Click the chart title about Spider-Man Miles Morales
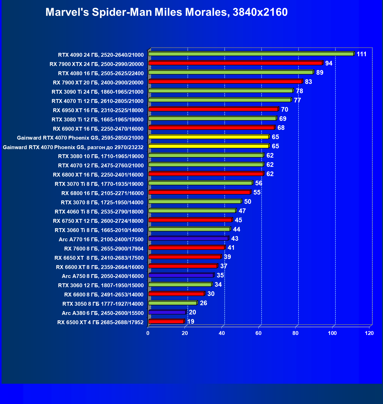[166, 12]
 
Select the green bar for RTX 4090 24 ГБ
[251, 54]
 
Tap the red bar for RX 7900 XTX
[235, 63]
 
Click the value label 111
[361, 54]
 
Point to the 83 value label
[308, 82]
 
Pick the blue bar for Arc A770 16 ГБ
[188, 239]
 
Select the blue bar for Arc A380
[167, 312]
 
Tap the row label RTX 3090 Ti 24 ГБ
[98, 92]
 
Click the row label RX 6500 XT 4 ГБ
[100, 322]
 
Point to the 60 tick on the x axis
[258, 333]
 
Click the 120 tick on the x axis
[369, 333]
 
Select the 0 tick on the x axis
[148, 333]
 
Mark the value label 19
[191, 322]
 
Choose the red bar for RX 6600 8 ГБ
[176, 294]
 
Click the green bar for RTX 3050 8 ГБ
[173, 303]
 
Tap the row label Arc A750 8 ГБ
[103, 276]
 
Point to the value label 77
[297, 100]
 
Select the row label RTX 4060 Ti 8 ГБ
[99, 212]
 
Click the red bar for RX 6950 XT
[213, 109]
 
